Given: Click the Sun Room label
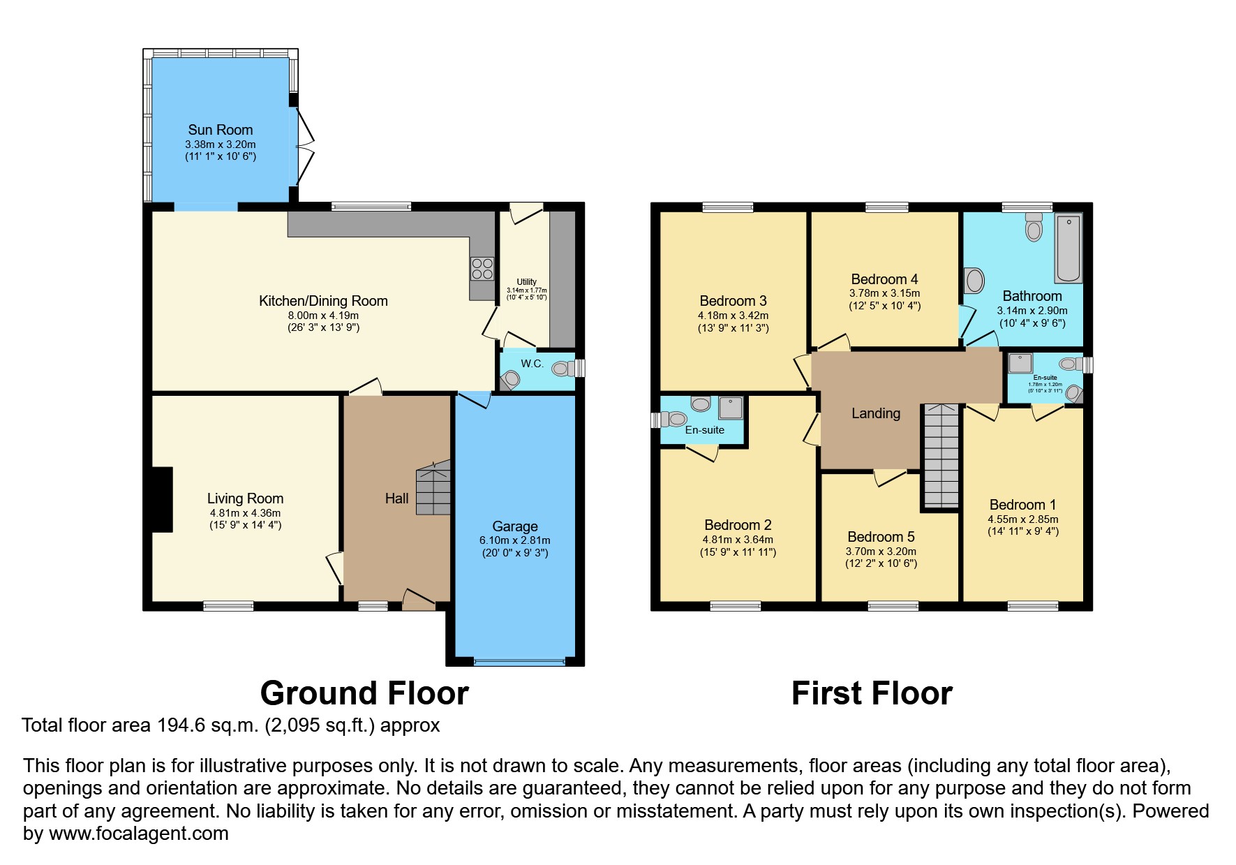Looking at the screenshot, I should (x=220, y=130).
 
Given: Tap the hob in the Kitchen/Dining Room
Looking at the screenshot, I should (x=482, y=269).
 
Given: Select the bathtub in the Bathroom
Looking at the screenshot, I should (x=1068, y=249).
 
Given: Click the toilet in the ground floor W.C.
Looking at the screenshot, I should (x=563, y=368).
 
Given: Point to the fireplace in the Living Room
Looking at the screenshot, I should (x=162, y=499).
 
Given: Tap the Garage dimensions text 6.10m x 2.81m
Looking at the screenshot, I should (x=514, y=540).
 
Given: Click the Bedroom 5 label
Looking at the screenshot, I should (x=881, y=537).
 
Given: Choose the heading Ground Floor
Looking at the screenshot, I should (x=364, y=693).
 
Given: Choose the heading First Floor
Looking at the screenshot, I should (x=872, y=693).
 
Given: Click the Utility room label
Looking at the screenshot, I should (x=526, y=282).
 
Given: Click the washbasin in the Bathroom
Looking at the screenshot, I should (x=974, y=281).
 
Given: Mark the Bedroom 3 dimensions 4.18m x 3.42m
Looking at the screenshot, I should (x=733, y=316).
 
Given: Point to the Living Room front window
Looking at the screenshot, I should (x=228, y=606).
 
